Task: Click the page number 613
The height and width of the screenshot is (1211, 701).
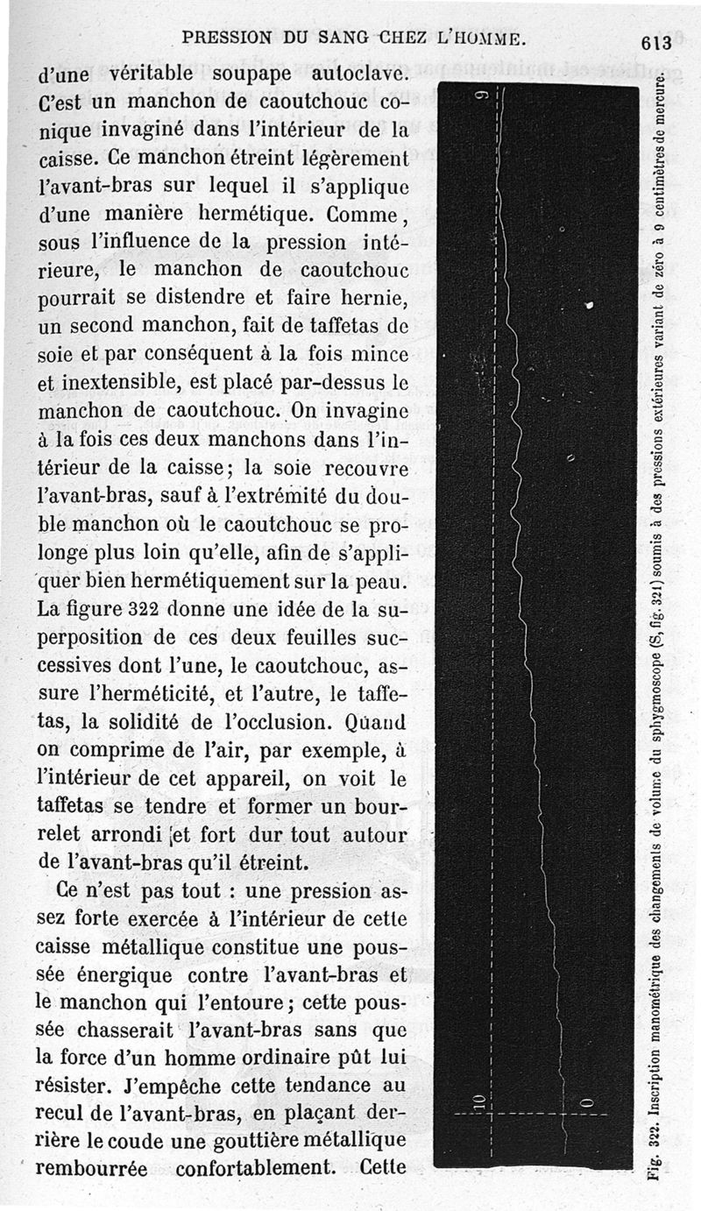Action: (655, 42)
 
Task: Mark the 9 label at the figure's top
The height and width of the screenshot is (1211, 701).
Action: (481, 96)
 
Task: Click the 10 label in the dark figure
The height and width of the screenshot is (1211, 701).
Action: (478, 1101)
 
